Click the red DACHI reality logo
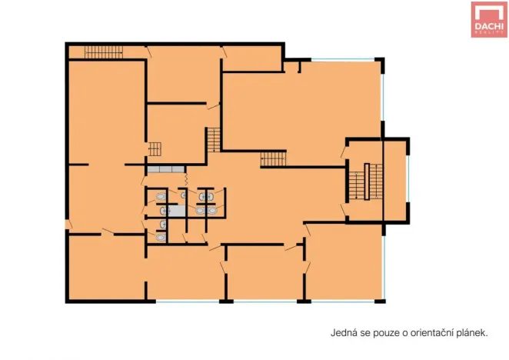pyautogui.click(x=489, y=20)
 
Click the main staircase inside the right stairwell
pyautogui.click(x=358, y=182)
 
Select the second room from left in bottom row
pyautogui.click(x=185, y=273)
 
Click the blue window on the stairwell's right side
pyautogui.click(x=408, y=182)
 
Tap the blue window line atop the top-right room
pyautogui.click(x=346, y=59)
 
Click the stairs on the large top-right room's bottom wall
pyautogui.click(x=273, y=159)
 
